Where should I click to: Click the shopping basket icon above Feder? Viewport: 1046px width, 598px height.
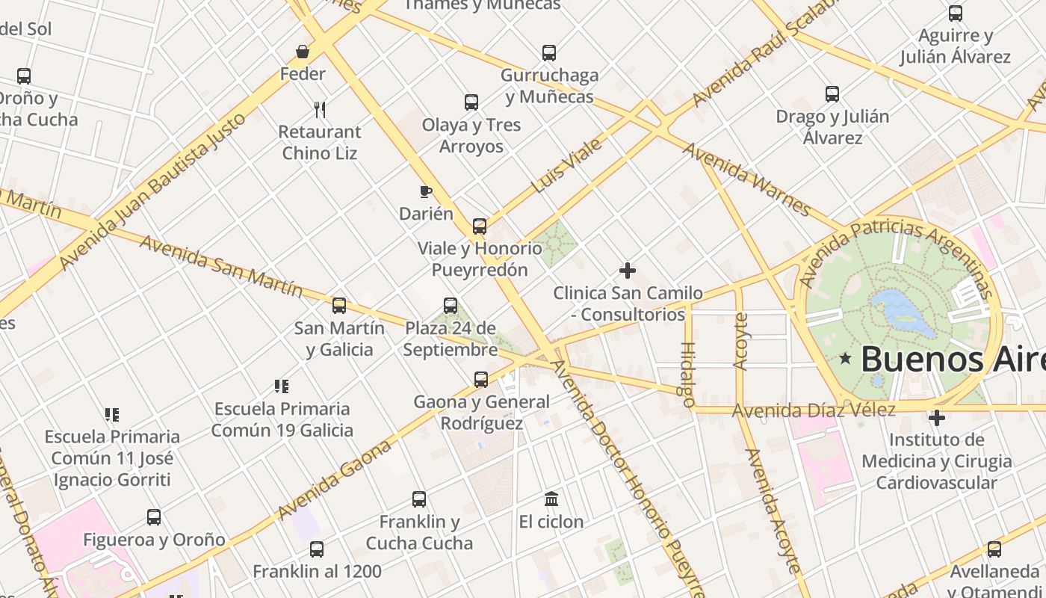pyautogui.click(x=303, y=52)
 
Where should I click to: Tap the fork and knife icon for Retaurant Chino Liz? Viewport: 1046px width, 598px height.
pyautogui.click(x=320, y=110)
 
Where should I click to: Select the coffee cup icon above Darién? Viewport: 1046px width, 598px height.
pyautogui.click(x=426, y=192)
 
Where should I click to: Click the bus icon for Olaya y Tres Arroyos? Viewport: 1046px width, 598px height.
pyautogui.click(x=471, y=102)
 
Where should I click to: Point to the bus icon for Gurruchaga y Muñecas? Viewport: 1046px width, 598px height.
pyautogui.click(x=549, y=53)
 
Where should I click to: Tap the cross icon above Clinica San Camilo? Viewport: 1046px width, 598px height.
pyautogui.click(x=628, y=271)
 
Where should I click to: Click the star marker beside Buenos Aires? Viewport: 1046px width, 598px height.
pyautogui.click(x=845, y=359)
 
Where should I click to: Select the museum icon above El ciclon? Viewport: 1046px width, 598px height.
pyautogui.click(x=551, y=499)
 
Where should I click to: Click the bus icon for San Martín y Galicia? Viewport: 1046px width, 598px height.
pyautogui.click(x=339, y=306)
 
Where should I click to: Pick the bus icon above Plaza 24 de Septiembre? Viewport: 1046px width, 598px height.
pyautogui.click(x=451, y=306)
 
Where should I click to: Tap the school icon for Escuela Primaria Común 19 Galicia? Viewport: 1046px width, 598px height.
pyautogui.click(x=282, y=386)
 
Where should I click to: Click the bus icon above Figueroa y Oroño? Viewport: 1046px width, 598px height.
pyautogui.click(x=154, y=517)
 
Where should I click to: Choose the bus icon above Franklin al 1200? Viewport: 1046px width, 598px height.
pyautogui.click(x=317, y=549)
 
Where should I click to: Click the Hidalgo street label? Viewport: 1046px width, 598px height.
pyautogui.click(x=687, y=374)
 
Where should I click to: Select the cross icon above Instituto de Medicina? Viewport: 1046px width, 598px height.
pyautogui.click(x=937, y=417)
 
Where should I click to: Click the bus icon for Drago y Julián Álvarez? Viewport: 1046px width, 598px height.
pyautogui.click(x=832, y=94)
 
